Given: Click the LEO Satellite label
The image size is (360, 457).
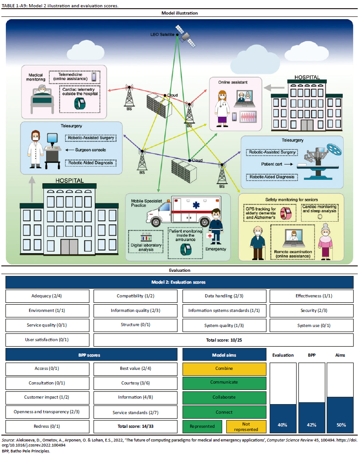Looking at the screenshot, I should coord(163,34).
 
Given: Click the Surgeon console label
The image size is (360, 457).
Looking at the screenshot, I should coord(86,150).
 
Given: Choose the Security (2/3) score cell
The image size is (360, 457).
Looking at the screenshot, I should coord(308,311).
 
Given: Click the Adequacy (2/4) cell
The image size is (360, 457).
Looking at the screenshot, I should coord(47,296).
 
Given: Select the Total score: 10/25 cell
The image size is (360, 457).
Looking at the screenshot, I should coord(223,340).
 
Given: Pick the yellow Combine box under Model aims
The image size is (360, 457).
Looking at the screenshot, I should coord(224,369).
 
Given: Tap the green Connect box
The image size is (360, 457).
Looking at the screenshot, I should coord(224,412).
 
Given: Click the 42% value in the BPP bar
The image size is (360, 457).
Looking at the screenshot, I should coord(312,425).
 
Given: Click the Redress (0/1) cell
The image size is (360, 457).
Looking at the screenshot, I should coord(47,427).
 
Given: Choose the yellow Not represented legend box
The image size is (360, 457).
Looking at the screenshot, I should coord(246,427).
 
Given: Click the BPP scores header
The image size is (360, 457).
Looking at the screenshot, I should coord(91,354).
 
